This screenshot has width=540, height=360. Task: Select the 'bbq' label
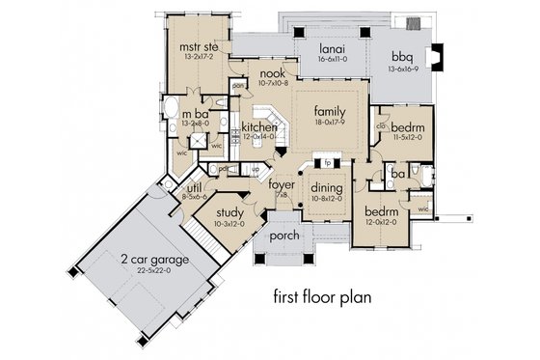(x=403, y=56)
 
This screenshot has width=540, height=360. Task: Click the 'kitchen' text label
(x=232, y=126)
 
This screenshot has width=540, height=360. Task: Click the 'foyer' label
(x=281, y=184)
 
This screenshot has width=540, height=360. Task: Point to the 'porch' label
(x=283, y=235)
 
